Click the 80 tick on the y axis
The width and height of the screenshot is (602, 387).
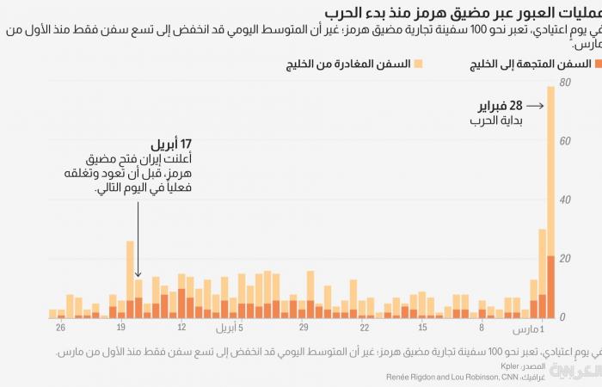point(564,83)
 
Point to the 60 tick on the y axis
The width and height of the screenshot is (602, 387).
point(564,141)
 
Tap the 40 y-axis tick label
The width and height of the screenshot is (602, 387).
point(564,200)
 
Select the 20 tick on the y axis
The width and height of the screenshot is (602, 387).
point(564,259)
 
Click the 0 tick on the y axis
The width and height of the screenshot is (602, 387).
point(562,317)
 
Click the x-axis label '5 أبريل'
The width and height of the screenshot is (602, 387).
point(229,328)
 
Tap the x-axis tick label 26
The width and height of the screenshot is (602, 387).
point(59,328)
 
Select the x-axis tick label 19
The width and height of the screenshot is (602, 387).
point(120,328)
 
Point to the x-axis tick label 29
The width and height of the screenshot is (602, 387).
point(303,328)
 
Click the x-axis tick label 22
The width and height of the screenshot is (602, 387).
point(364,328)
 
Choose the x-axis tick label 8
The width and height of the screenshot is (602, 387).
point(482,328)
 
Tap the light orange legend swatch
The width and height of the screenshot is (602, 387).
point(418,64)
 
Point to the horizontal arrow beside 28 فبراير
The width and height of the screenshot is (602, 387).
point(534,107)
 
